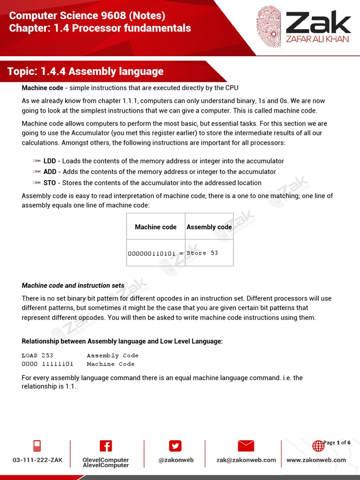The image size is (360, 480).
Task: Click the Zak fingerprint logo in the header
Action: pos(269,27)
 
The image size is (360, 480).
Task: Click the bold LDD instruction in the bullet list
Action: pos(50,161)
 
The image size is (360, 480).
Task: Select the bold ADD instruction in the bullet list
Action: pos(50,172)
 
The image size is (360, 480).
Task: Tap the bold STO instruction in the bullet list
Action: pos(50,183)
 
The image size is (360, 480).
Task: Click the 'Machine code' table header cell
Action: pos(156,227)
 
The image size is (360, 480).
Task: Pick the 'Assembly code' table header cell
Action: pos(209,227)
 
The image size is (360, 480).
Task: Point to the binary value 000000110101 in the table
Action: pos(152,253)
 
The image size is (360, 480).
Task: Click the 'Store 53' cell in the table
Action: pos(202,253)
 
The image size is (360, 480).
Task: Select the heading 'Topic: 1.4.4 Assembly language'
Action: pos(85,71)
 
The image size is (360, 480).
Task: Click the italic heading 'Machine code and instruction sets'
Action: pos(73,285)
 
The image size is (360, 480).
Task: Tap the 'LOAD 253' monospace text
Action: pos(37,355)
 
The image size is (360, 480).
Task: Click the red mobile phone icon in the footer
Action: pos(37,446)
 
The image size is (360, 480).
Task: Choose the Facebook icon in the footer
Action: pos(105,446)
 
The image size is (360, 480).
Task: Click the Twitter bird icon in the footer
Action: pos(175,446)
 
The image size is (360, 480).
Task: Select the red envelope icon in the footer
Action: pos(246,446)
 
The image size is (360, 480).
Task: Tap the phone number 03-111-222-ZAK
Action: pos(37,460)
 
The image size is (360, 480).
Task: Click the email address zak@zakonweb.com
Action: pos(246,460)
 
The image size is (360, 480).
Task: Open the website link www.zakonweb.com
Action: pos(316,460)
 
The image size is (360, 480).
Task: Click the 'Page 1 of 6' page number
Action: pos(337,442)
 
